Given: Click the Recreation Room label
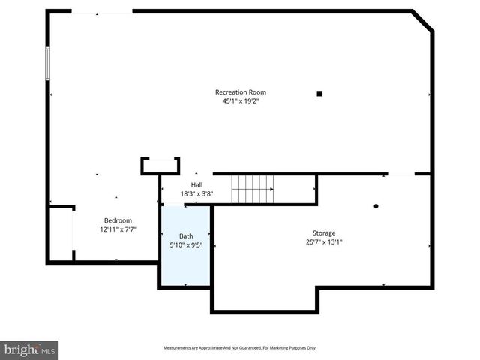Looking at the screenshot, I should tap(240, 92).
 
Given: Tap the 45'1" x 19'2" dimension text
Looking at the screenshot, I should tap(240, 101).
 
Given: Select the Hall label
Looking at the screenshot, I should tap(196, 184).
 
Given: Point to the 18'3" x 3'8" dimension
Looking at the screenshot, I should tap(196, 193).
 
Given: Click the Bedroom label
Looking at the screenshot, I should tap(118, 220).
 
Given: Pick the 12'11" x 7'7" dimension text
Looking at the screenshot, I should tap(118, 229).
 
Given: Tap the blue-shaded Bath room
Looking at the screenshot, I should tap(186, 259).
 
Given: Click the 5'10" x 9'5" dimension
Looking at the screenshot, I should tap(186, 244).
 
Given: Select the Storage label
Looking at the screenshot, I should tap(324, 233).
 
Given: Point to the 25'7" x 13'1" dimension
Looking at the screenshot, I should tap(324, 242).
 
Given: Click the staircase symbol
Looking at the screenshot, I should tap(252, 189).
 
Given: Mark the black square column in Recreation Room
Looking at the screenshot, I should tap(319, 94).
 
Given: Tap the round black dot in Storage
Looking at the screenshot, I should tap(376, 206).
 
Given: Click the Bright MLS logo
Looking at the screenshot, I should tap(30, 349).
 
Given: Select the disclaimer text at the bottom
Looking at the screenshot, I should tap(240, 348).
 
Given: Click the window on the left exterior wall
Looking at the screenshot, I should tap(47, 64).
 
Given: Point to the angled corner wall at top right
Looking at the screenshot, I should tap(423, 21).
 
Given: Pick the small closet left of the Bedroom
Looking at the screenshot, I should tap(61, 234).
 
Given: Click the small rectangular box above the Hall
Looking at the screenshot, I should tap(160, 166).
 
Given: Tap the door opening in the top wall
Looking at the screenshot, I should tap(102, 11).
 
